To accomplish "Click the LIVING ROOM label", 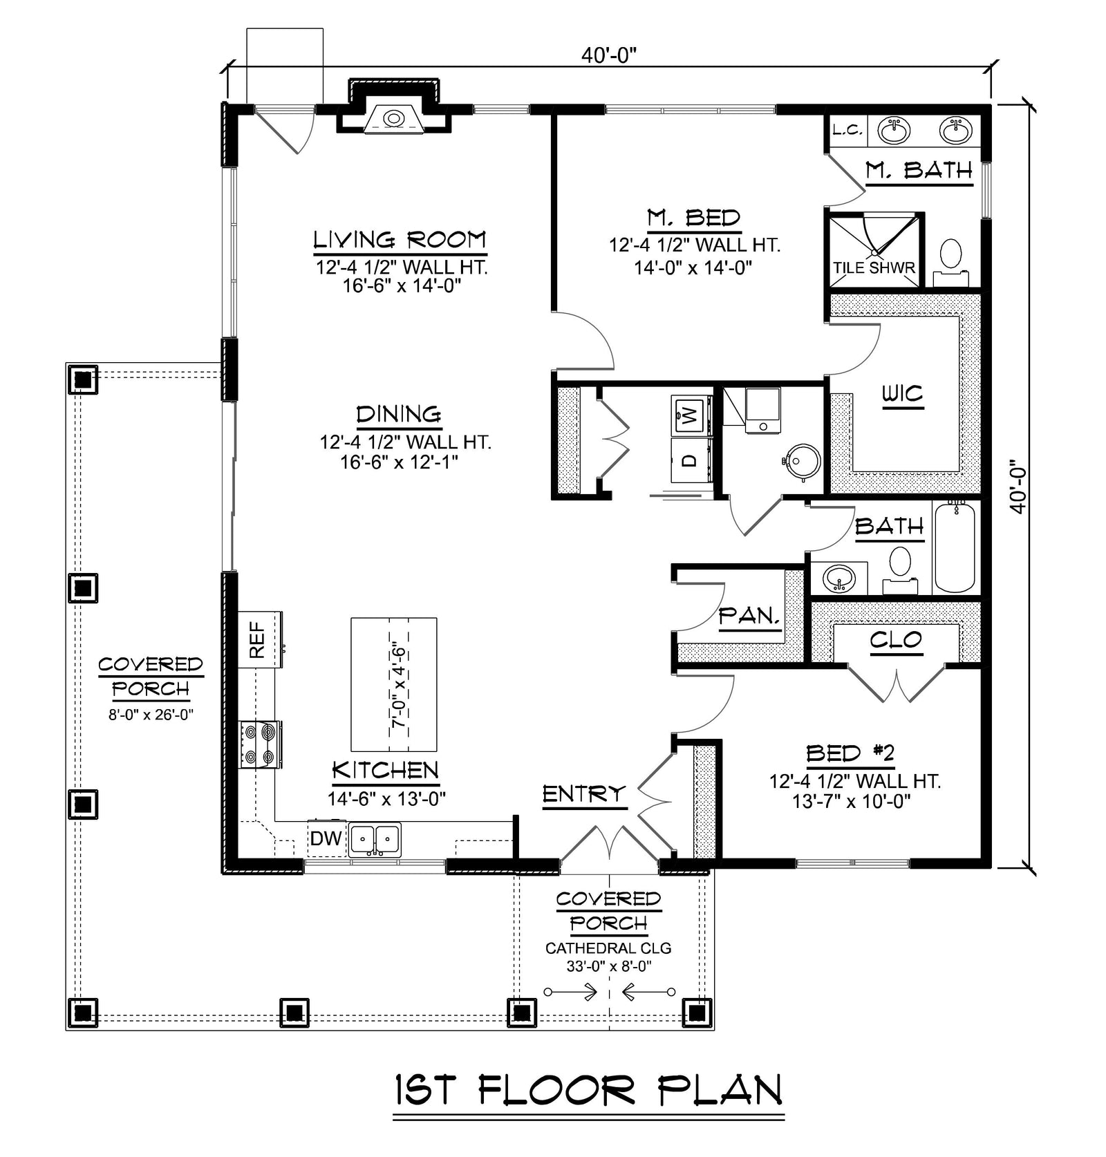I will (400, 240).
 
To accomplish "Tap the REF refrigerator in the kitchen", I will (259, 639).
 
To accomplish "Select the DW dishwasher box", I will (326, 838).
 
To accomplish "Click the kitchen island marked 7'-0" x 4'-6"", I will (394, 684).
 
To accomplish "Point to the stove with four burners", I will (260, 744).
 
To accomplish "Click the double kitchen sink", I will (375, 840).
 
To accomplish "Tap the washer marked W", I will (691, 415).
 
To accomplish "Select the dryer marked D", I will (691, 460).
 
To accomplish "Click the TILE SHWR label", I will (874, 268).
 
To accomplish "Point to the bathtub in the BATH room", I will (955, 547).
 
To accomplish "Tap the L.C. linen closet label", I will (846, 130).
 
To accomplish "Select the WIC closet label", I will (903, 394).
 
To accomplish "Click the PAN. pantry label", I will (750, 615).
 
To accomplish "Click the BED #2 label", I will (850, 753).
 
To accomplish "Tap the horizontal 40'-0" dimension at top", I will (608, 55).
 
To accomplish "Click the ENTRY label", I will (583, 794).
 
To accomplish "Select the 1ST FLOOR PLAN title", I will (589, 1091).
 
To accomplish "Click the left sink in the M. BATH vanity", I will (894, 130).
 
